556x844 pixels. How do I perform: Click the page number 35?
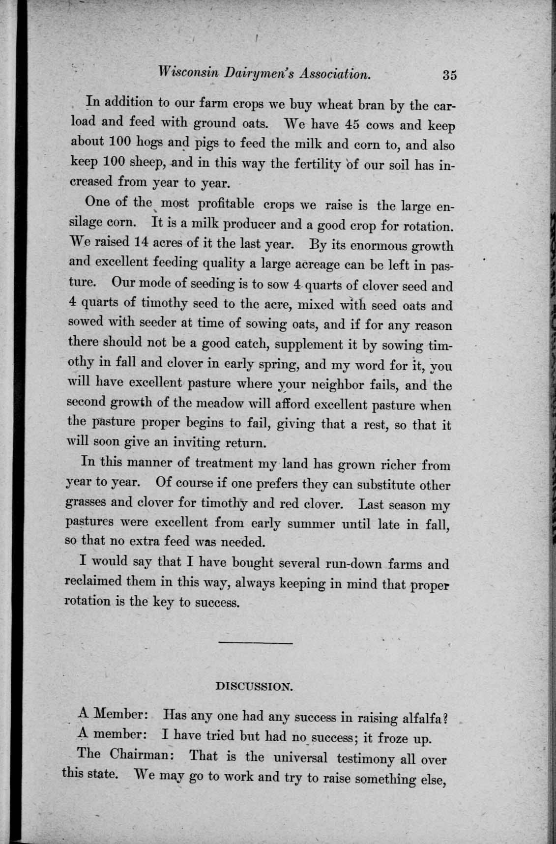coord(449,75)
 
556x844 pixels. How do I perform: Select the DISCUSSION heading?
coord(255,686)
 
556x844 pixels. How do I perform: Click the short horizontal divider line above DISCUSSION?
coord(255,643)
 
